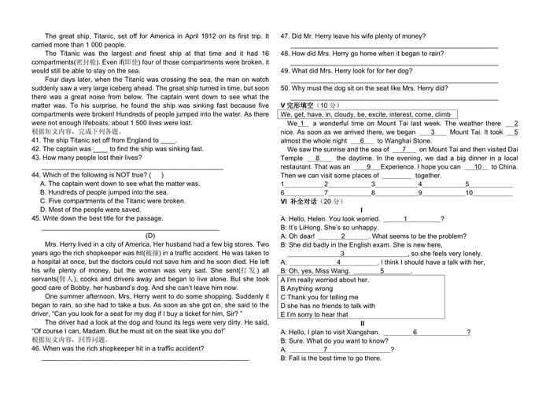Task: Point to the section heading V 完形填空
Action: (x=301, y=105)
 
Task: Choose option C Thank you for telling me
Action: (x=322, y=296)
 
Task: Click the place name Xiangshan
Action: (x=363, y=333)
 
